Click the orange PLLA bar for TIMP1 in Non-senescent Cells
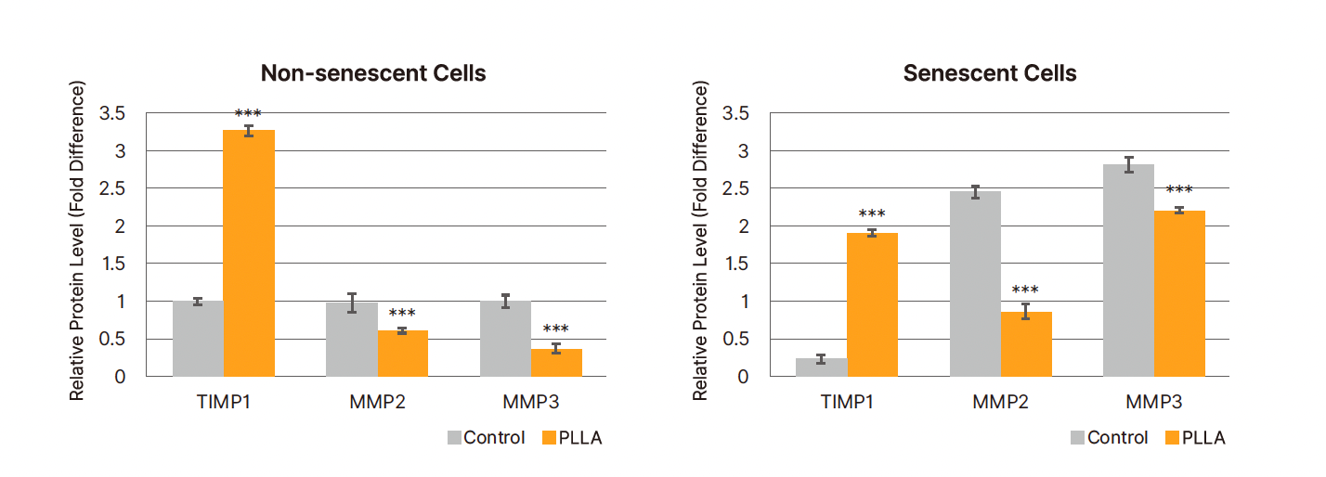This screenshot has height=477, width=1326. click(x=249, y=252)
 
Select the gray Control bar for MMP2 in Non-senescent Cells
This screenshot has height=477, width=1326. click(x=351, y=339)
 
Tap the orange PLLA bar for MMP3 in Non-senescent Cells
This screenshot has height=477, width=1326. click(x=556, y=362)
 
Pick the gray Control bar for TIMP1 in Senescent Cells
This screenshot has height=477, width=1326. click(x=821, y=367)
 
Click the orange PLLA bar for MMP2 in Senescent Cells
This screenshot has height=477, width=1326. click(x=1026, y=343)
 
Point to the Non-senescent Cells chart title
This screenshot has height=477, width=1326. click(x=373, y=73)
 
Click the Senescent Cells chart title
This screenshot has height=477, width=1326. click(x=990, y=73)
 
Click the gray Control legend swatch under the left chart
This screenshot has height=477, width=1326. click(x=454, y=438)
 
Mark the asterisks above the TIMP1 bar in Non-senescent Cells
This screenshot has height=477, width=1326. click(x=248, y=114)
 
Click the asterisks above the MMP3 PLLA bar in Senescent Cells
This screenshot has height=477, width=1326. click(x=1178, y=190)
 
